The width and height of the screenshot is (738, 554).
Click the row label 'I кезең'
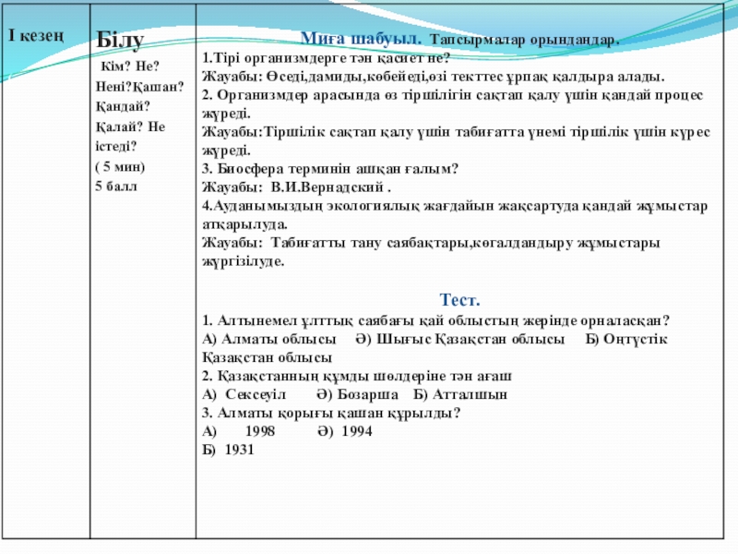tap(35, 36)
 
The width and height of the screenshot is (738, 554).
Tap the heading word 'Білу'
tap(120, 42)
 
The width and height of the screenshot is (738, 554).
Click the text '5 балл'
tap(115, 186)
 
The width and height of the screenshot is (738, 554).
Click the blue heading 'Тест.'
tap(459, 301)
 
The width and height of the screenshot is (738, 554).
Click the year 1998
tap(261, 431)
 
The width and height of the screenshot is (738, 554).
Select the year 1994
tap(357, 431)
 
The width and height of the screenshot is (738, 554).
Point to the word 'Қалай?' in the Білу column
tap(116, 127)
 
